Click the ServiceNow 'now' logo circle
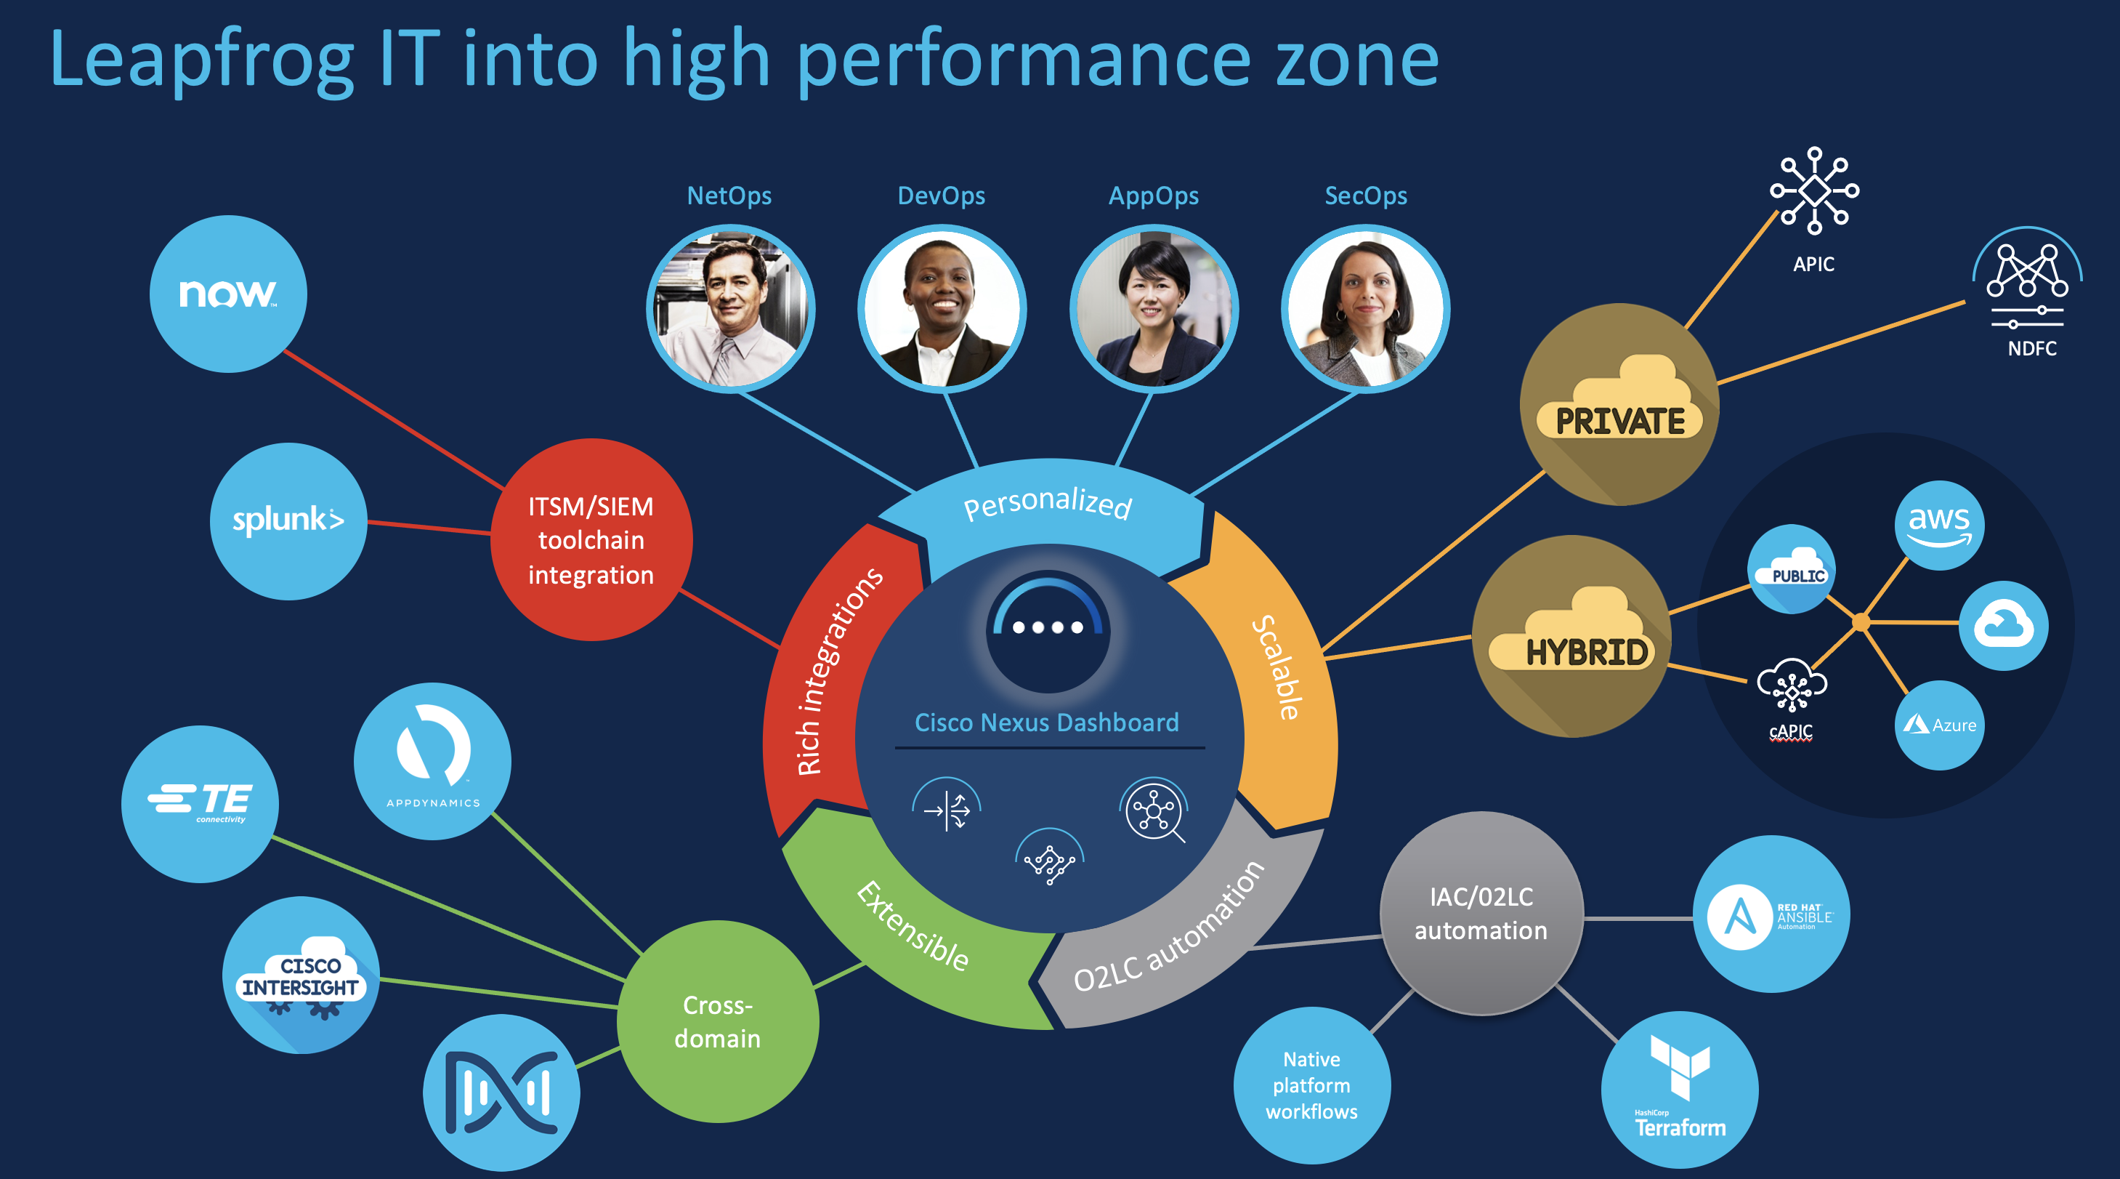(x=228, y=294)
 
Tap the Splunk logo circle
(x=288, y=521)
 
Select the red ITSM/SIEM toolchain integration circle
(x=591, y=540)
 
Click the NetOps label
(x=729, y=196)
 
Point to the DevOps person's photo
(x=942, y=309)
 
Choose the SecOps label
(x=1365, y=196)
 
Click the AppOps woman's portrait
(x=1153, y=309)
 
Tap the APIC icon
(x=1814, y=190)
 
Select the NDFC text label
(x=2031, y=348)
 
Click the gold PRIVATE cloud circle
(x=1619, y=404)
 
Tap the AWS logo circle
(x=1939, y=526)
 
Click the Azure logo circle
(x=1939, y=725)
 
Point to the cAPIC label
(x=1791, y=731)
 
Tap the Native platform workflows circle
(x=1312, y=1085)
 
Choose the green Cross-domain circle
(x=718, y=1021)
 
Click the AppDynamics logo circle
(x=432, y=761)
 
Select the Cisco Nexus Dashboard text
(x=1047, y=722)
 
